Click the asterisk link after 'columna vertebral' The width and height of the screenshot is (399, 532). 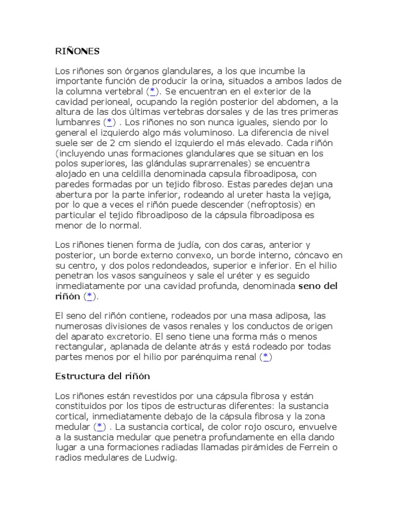pos(153,91)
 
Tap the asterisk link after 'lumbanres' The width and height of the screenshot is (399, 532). pos(110,122)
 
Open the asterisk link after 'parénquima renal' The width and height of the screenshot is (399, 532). pos(265,356)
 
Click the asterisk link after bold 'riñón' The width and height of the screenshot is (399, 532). pos(89,296)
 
